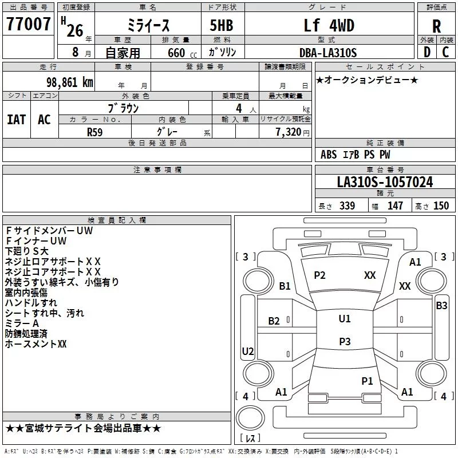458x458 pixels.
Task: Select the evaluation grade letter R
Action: point(437,26)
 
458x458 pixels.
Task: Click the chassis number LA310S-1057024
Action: point(385,183)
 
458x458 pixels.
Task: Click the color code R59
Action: point(95,131)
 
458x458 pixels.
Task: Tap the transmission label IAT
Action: point(16,119)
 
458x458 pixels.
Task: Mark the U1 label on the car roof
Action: point(345,319)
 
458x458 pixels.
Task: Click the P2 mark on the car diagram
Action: point(319,275)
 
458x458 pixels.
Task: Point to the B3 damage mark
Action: point(441,306)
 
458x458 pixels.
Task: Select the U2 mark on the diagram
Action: point(247,351)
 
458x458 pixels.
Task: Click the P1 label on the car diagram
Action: point(367,381)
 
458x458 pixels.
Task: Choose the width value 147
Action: point(395,206)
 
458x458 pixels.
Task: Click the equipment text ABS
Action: point(329,155)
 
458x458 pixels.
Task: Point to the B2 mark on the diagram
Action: point(274,321)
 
